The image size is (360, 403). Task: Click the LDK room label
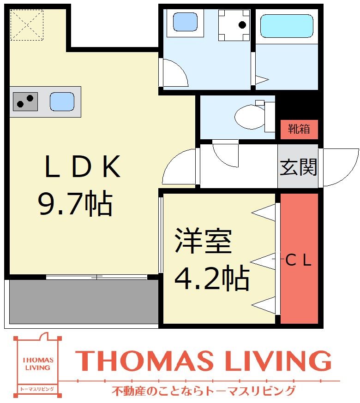click(x=83, y=168)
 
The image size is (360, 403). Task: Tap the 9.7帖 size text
click(x=75, y=204)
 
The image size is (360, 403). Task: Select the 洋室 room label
click(x=204, y=242)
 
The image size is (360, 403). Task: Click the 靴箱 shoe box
click(x=299, y=129)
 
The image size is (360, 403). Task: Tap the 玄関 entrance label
click(x=298, y=167)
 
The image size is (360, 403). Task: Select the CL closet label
click(x=299, y=261)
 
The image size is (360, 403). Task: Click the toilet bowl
click(x=249, y=116)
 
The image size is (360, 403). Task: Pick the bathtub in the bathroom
click(x=286, y=26)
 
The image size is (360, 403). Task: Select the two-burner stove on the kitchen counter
click(x=25, y=101)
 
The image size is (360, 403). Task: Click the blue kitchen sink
click(x=61, y=101)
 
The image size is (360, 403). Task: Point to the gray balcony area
click(x=83, y=301)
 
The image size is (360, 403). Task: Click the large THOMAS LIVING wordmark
click(x=203, y=361)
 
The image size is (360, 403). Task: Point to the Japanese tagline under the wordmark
click(x=203, y=391)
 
